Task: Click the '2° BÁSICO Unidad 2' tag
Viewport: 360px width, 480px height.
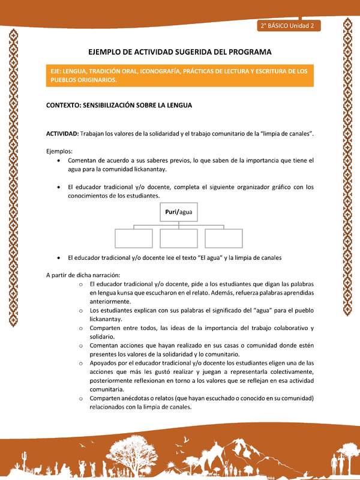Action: pyautogui.click(x=289, y=26)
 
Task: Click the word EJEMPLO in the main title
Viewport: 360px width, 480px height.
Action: pyautogui.click(x=109, y=52)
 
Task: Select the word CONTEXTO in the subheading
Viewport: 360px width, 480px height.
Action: pyautogui.click(x=67, y=105)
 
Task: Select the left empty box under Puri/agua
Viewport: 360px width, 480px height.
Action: pyautogui.click(x=133, y=238)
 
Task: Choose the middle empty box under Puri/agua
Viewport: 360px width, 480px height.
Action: pyautogui.click(x=179, y=238)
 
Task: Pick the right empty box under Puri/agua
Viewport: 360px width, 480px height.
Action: pyautogui.click(x=224, y=238)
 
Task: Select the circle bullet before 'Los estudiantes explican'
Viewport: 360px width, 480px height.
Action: pyautogui.click(x=80, y=311)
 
